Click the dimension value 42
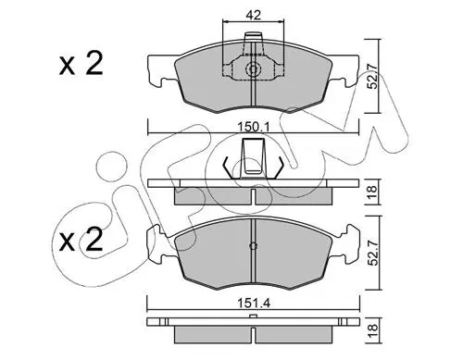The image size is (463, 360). [x=254, y=15]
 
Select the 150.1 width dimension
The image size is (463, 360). [x=254, y=127]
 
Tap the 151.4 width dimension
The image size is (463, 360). [x=254, y=304]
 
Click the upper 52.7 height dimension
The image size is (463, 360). [x=372, y=76]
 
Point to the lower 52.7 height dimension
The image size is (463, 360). [x=373, y=253]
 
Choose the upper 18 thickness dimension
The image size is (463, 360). [x=372, y=192]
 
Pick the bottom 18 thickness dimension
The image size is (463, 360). [x=373, y=330]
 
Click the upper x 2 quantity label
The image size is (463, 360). [x=81, y=64]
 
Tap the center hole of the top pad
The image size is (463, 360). [x=253, y=69]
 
